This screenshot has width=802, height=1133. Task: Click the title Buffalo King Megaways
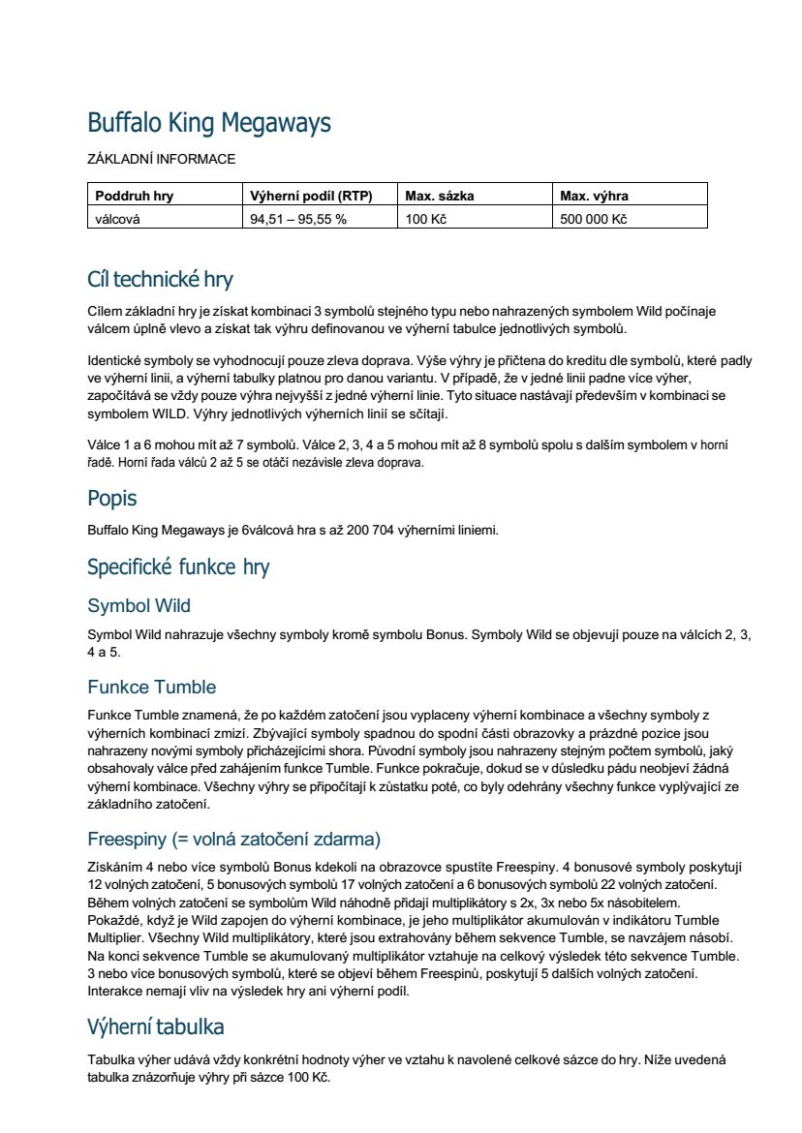(209, 123)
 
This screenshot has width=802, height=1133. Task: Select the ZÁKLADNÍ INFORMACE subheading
(161, 159)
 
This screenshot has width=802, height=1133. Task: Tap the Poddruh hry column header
(134, 196)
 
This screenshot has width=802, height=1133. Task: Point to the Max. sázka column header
(440, 196)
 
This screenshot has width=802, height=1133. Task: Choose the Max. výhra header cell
(594, 196)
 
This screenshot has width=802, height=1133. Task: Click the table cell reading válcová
(117, 219)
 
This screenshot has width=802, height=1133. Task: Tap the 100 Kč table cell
(425, 219)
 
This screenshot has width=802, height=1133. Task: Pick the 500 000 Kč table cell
(594, 219)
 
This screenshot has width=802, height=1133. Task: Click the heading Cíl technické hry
(160, 280)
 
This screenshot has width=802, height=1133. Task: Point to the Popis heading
(112, 499)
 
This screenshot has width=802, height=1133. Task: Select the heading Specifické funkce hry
(178, 566)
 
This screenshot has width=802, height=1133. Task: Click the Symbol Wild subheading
(139, 606)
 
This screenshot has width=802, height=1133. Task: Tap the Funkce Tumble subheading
(151, 688)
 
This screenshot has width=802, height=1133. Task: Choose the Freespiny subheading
(233, 838)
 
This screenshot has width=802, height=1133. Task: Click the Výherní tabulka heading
(156, 1026)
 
